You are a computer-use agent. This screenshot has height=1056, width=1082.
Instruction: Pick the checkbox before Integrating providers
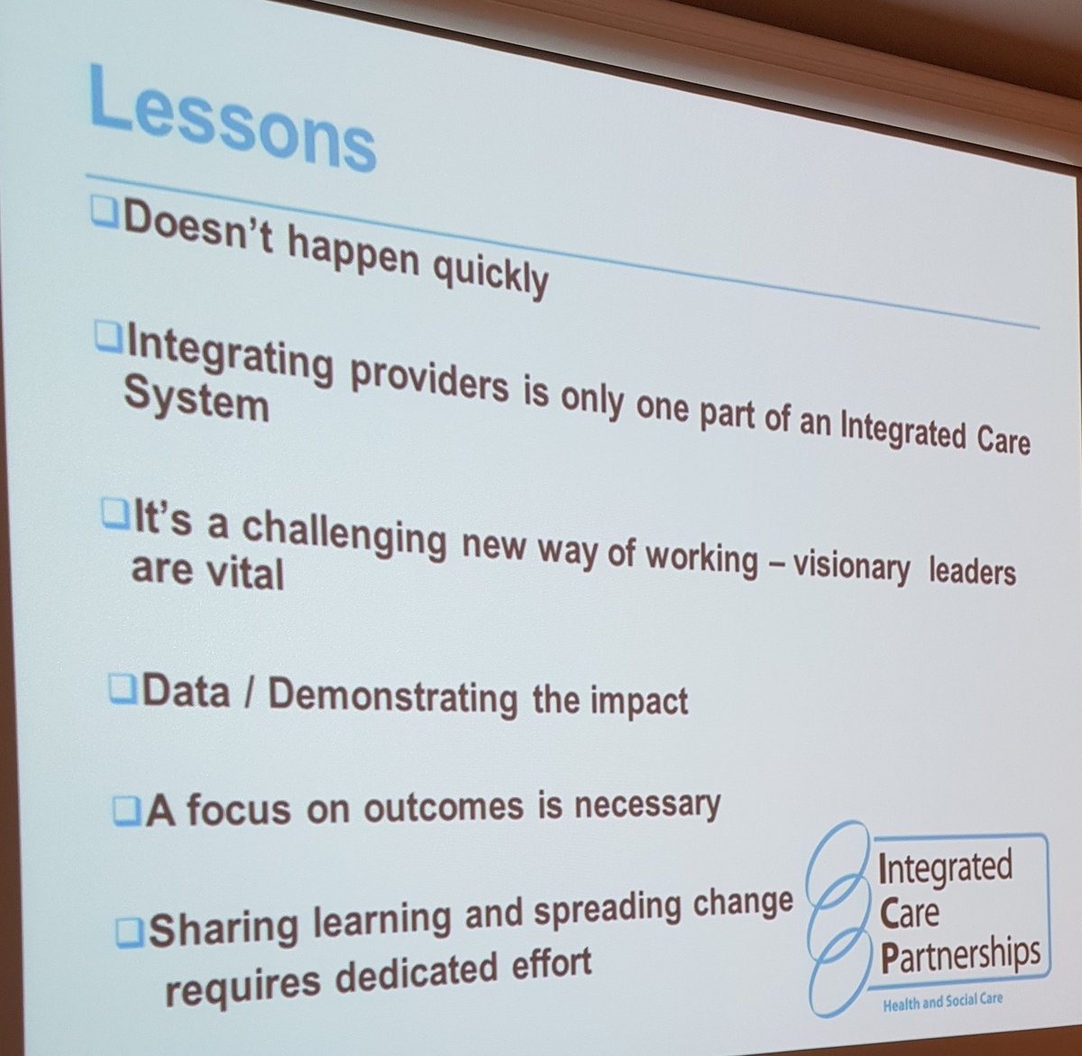point(108,338)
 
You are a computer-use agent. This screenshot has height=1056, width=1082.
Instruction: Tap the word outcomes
point(443,806)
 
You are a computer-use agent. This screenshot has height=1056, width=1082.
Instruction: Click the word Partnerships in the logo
point(959,955)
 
